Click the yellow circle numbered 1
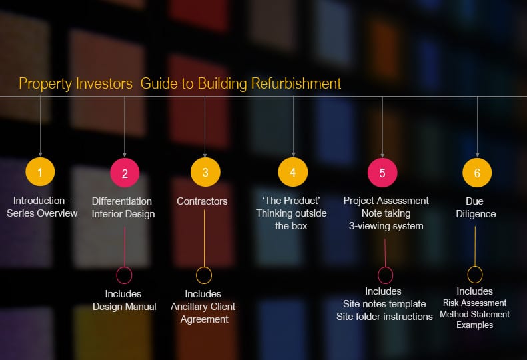pos(40,172)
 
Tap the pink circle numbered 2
pos(125,173)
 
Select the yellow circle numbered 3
pos(205,172)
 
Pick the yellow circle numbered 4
pos(293,172)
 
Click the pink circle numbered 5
pos(382,173)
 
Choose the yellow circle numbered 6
pos(477,173)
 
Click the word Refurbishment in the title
pos(296,83)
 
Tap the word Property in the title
pos(45,84)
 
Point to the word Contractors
pos(202,201)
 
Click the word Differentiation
pos(122,201)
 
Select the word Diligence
pos(476,214)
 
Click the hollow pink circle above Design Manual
pos(124,267)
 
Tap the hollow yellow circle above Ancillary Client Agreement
pos(204,267)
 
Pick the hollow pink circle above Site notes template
pos(386,267)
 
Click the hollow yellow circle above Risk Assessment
pos(475,267)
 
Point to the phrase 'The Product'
pos(291,201)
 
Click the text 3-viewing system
pos(386,226)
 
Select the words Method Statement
pos(474,314)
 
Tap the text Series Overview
pos(42,213)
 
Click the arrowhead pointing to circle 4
pos(293,155)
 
